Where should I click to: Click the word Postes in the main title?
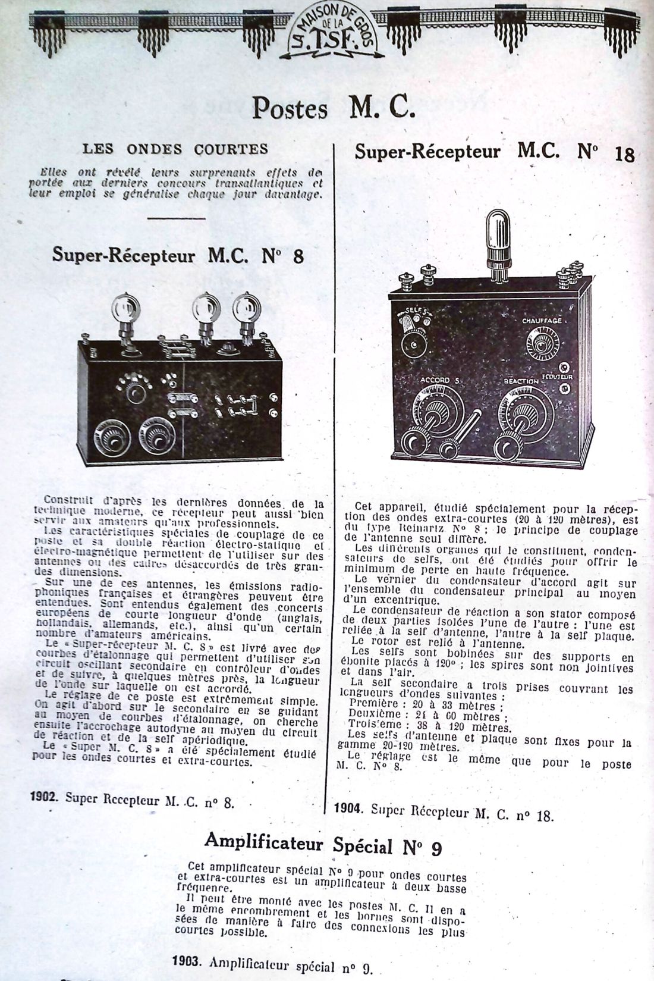pyautogui.click(x=290, y=108)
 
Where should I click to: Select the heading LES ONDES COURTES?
pyautogui.click(x=175, y=148)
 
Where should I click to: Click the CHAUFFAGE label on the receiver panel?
pyautogui.click(x=542, y=321)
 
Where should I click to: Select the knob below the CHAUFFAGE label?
pyautogui.click(x=541, y=344)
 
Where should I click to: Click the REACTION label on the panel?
pyautogui.click(x=521, y=381)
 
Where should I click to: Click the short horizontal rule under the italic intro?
pyautogui.click(x=167, y=219)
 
